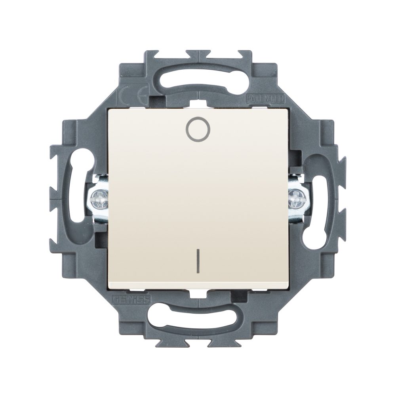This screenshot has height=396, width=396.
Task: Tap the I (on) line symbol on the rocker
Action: [x=197, y=262]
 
